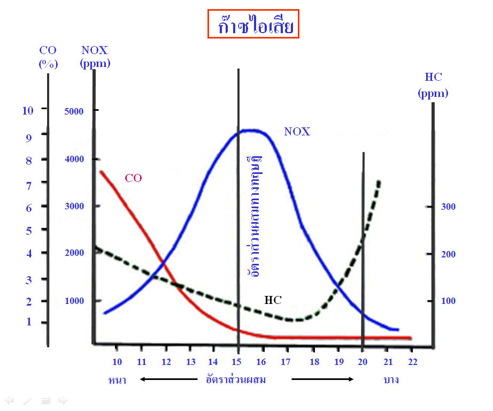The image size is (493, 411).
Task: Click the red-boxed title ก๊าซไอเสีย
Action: pyautogui.click(x=253, y=25)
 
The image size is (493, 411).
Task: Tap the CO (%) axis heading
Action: pyautogui.click(x=48, y=57)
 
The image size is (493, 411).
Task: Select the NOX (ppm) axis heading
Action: pyautogui.click(x=95, y=57)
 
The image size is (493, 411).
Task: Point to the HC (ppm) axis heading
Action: pyautogui.click(x=433, y=85)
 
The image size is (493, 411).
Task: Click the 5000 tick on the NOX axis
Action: pyautogui.click(x=74, y=111)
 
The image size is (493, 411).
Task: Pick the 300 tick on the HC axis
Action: pyautogui.click(x=448, y=207)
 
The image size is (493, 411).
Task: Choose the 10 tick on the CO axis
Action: pyautogui.click(x=28, y=110)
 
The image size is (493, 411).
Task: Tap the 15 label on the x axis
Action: pyautogui.click(x=237, y=361)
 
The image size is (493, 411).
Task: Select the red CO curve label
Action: pyautogui.click(x=133, y=178)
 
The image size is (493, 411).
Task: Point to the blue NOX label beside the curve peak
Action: pyautogui.click(x=297, y=132)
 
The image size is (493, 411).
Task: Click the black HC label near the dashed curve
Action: pyautogui.click(x=273, y=300)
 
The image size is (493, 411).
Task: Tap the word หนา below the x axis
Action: pyautogui.click(x=117, y=380)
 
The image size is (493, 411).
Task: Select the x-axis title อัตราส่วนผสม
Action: pyautogui.click(x=236, y=380)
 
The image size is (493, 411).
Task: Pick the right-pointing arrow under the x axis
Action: pyautogui.click(x=322, y=379)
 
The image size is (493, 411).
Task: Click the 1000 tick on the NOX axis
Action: pyautogui.click(x=74, y=301)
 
